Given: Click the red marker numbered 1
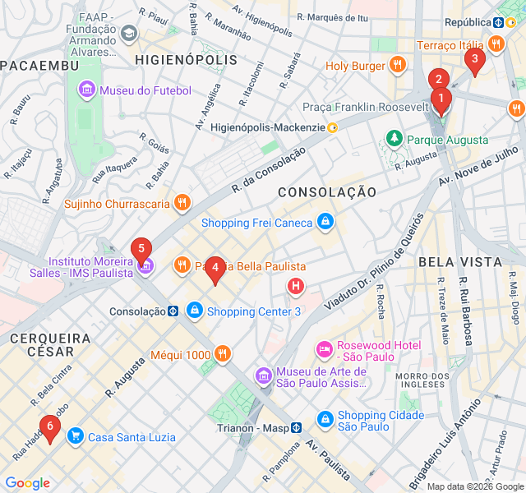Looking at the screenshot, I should click(x=441, y=102).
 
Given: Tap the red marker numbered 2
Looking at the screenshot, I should click(x=438, y=81).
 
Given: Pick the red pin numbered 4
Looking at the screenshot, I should click(x=215, y=268).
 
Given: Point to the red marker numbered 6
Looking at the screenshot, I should click(x=50, y=427).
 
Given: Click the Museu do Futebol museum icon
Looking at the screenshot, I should click(x=87, y=90).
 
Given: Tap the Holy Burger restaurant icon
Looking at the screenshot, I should click(x=397, y=65).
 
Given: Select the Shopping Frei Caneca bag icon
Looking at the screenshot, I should click(x=325, y=223).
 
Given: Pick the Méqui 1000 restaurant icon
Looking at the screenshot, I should click(x=223, y=355).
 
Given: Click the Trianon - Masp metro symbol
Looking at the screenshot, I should click(x=296, y=427).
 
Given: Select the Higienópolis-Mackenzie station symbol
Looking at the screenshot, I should click(x=332, y=127).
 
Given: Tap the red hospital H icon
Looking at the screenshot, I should click(x=295, y=286).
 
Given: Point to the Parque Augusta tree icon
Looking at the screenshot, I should click(x=395, y=140).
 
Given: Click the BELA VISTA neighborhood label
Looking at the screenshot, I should click(x=459, y=261).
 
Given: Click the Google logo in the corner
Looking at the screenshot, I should click(x=27, y=483).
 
